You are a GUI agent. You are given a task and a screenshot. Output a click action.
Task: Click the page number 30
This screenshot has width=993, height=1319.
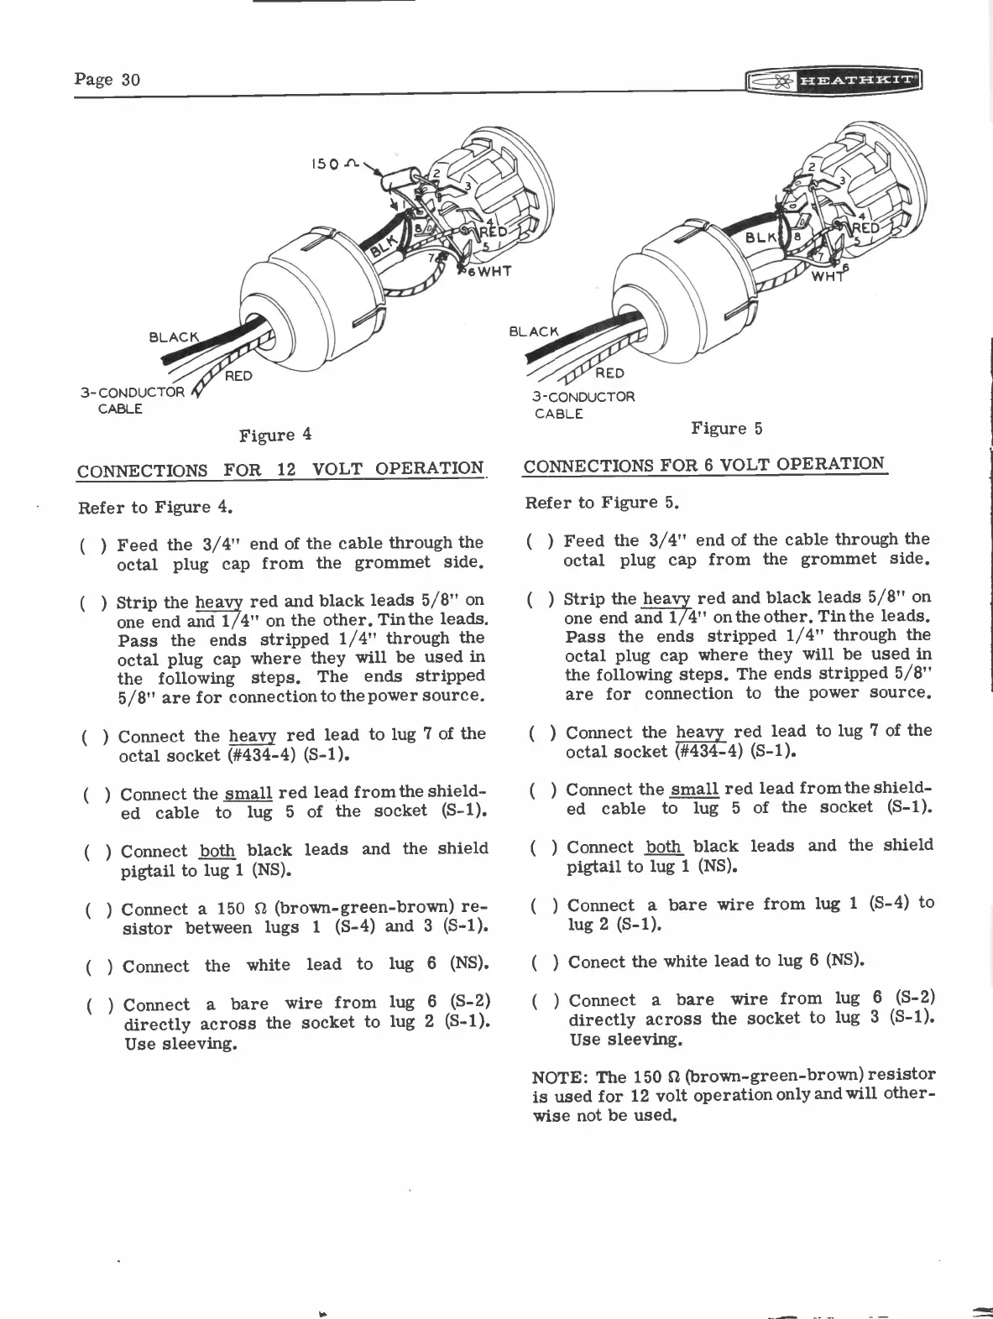(107, 80)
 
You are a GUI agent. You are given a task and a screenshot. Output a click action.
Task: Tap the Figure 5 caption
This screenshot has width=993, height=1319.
(726, 429)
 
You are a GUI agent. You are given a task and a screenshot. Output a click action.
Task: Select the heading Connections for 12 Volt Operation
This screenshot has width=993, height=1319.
(280, 469)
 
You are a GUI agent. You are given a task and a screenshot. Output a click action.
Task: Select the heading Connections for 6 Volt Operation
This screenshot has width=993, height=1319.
(704, 465)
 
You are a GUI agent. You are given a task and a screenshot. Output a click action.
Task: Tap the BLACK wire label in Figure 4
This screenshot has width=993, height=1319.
(174, 337)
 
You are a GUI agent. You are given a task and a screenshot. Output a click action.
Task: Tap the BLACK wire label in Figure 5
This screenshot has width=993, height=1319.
(534, 331)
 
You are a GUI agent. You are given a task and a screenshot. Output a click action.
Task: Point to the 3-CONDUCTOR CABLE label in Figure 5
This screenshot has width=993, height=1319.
(583, 404)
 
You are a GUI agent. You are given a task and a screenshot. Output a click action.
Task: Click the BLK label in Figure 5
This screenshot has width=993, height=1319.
(762, 238)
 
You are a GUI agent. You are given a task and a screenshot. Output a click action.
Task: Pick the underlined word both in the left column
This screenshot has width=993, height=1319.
(217, 850)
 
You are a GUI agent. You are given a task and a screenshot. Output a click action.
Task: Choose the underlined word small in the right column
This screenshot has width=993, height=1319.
(694, 790)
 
